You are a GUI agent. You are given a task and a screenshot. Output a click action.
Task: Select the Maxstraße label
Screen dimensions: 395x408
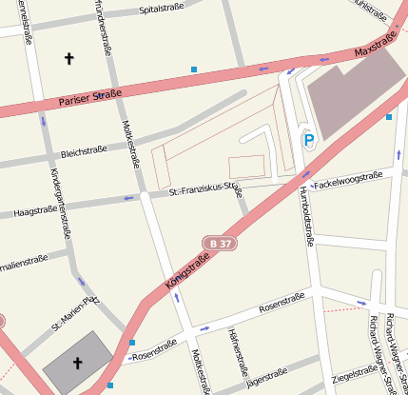pyautogui.click(x=374, y=45)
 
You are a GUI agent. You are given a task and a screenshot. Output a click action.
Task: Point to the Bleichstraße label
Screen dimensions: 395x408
pyautogui.click(x=83, y=151)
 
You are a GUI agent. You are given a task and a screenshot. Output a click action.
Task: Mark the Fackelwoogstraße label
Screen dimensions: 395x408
pyautogui.click(x=348, y=179)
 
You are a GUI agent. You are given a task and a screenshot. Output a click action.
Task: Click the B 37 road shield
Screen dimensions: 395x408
pyautogui.click(x=219, y=244)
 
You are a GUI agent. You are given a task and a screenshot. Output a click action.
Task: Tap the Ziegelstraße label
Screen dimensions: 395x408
pyautogui.click(x=355, y=376)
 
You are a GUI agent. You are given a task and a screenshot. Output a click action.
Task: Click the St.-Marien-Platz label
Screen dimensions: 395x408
pyautogui.click(x=75, y=314)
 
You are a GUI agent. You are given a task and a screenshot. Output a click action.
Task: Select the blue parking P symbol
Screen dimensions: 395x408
pyautogui.click(x=308, y=139)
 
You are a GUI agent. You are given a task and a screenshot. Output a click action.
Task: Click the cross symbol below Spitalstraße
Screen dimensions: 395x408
pyautogui.click(x=68, y=58)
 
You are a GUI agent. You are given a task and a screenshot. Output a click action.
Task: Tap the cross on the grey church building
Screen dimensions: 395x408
pyautogui.click(x=77, y=363)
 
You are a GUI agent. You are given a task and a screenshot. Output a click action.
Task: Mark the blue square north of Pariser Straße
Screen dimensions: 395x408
pyautogui.click(x=194, y=69)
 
